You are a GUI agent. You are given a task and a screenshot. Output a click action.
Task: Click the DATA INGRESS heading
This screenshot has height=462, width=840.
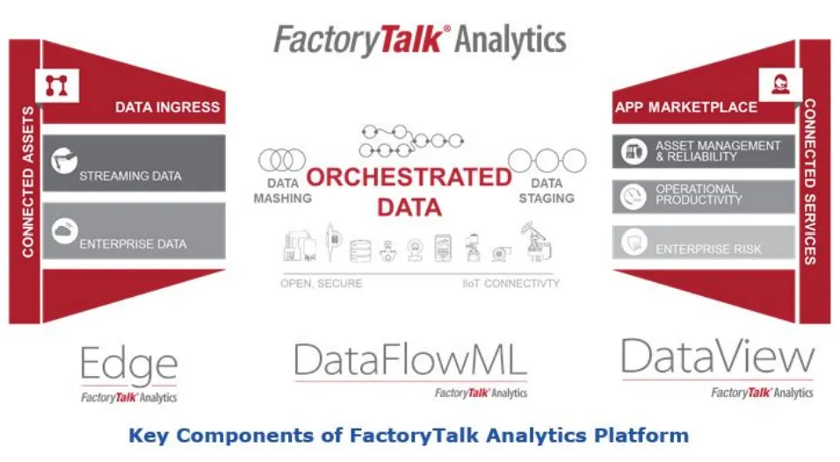pos(167,107)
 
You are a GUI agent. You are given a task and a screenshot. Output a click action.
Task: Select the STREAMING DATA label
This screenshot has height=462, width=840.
pos(130,176)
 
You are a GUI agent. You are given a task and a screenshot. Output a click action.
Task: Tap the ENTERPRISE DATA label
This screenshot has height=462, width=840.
pos(133,244)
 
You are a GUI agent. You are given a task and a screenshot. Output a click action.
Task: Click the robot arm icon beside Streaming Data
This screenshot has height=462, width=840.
pos(64,160)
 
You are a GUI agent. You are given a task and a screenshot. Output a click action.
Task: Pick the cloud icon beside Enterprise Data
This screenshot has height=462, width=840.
pos(65,231)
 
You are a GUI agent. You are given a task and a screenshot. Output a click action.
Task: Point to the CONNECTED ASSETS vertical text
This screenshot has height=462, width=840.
pos(28,182)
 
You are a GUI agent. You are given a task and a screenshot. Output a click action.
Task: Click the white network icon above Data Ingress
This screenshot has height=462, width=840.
pos(57,85)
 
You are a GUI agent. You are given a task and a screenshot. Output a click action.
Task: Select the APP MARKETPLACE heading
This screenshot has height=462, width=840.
pos(686,107)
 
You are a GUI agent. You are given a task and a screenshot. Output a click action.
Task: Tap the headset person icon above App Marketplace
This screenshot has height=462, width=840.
pos(780,84)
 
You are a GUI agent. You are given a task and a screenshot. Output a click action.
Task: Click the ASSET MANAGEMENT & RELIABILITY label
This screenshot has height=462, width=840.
pos(718,151)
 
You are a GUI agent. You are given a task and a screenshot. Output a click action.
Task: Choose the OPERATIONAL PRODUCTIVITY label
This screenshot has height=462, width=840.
pos(699,194)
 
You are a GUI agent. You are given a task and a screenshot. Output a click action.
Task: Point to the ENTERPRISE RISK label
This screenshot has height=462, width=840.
pos(708,249)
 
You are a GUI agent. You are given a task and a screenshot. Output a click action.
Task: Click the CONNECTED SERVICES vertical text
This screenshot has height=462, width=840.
pos(810,182)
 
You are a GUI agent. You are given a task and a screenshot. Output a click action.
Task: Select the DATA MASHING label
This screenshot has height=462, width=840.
pos(282,191)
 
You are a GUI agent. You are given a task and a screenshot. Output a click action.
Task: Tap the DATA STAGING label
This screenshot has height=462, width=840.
pos(547,191)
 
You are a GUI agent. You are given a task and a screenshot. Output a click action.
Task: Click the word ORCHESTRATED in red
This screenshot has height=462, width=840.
pos(409,177)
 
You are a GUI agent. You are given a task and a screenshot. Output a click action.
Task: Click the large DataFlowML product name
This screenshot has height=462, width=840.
pos(411,360)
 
